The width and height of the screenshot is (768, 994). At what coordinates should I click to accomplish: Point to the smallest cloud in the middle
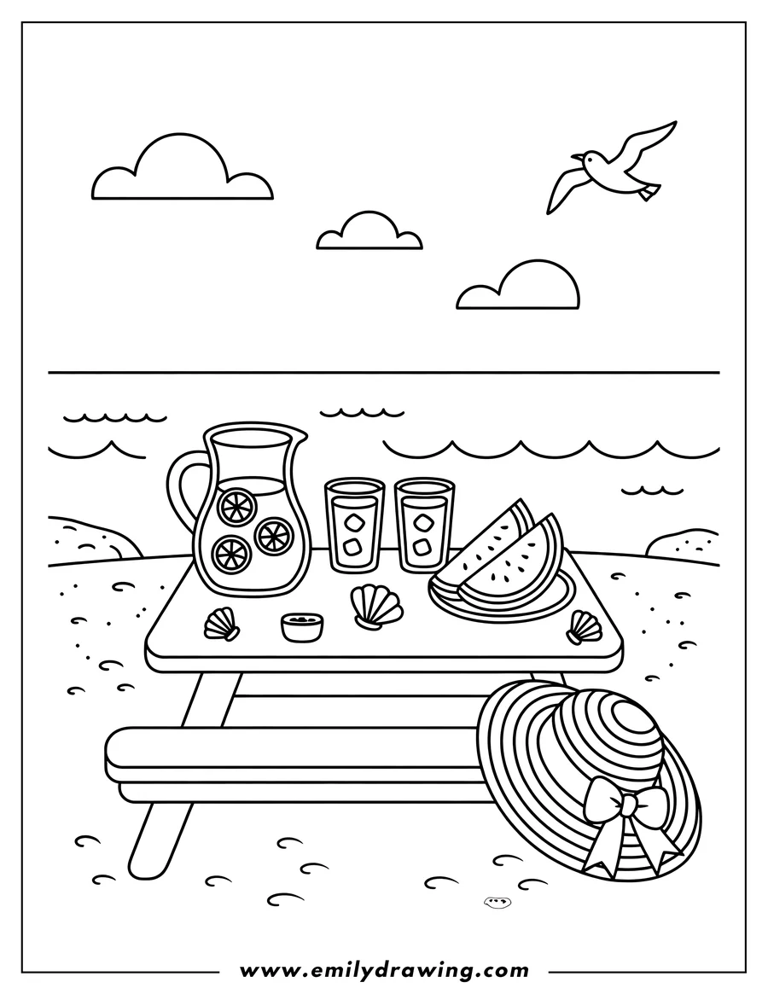(x=369, y=233)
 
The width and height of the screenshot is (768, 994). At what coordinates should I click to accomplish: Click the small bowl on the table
(x=303, y=627)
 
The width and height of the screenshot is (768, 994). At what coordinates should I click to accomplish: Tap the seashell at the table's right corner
(x=583, y=626)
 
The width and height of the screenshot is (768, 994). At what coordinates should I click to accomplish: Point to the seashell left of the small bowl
(x=221, y=624)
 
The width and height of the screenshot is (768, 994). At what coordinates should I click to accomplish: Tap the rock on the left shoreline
(x=94, y=538)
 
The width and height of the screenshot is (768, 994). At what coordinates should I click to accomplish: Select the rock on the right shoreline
(x=683, y=544)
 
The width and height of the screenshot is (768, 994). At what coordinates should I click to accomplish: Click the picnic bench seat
(x=290, y=754)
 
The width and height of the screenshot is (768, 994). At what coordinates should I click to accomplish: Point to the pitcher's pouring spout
(x=295, y=441)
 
